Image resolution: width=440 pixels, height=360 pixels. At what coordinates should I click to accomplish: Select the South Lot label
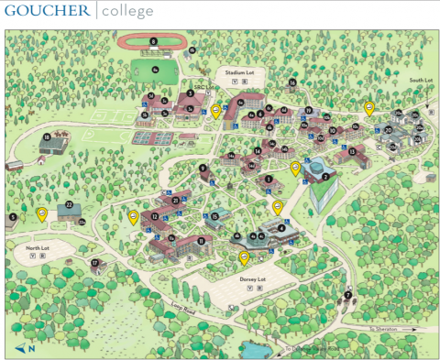[x=420, y=81]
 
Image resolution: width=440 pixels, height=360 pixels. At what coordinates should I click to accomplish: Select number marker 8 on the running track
[x=154, y=41]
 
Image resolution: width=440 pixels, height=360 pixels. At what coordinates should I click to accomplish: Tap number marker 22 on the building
[x=69, y=204]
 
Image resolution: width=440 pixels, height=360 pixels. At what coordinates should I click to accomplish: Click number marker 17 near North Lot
[x=94, y=263]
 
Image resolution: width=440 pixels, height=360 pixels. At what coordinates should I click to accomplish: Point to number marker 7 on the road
[x=348, y=296]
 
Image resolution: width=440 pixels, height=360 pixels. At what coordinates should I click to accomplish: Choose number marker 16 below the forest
[x=292, y=83]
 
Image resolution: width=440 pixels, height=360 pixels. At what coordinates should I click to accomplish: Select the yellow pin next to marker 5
[x=41, y=214]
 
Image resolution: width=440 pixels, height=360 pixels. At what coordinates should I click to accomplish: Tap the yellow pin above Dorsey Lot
[x=244, y=257]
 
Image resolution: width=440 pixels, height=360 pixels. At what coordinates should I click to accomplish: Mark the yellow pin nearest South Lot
[x=369, y=108]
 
